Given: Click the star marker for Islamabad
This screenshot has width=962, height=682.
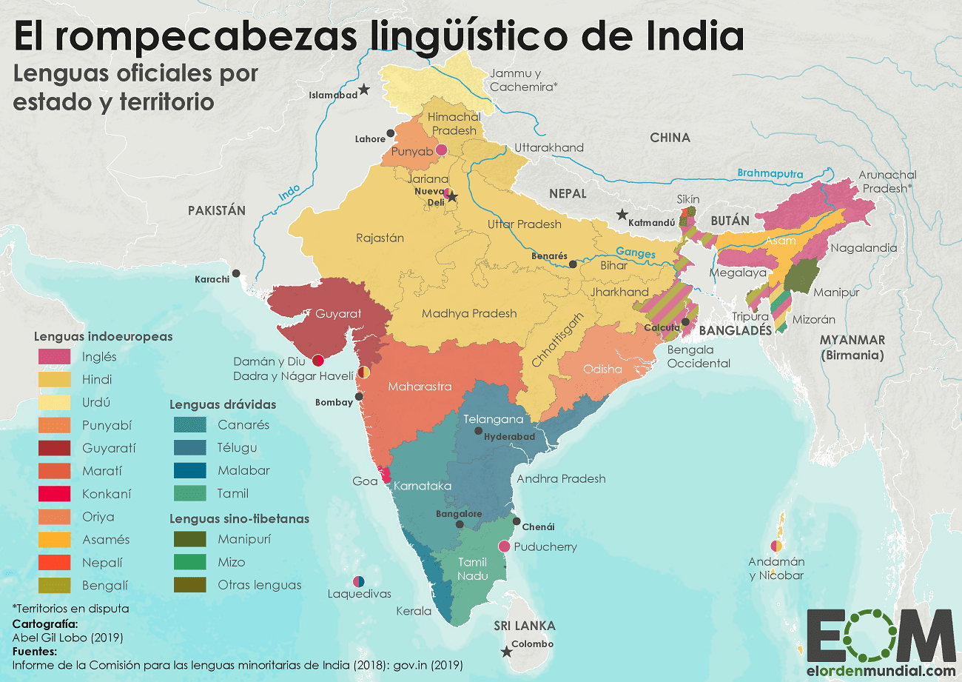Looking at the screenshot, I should [x=364, y=90].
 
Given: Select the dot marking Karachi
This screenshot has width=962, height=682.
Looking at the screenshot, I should [x=236, y=273].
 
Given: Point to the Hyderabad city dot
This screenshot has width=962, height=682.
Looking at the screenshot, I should [x=479, y=431].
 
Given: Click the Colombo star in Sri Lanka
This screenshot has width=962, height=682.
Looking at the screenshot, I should [x=506, y=652].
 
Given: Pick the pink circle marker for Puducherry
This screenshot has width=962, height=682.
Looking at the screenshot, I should [x=504, y=546].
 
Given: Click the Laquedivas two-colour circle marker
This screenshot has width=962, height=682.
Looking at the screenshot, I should [x=358, y=581].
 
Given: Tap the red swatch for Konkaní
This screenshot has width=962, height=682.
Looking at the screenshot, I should [x=54, y=494].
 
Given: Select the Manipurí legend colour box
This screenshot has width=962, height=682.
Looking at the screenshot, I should [x=190, y=539].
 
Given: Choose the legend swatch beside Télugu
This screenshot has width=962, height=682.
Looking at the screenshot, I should [x=190, y=448].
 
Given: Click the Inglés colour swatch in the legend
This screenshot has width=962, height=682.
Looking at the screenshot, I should [x=54, y=356].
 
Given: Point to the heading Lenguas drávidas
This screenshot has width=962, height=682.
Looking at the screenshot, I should [x=222, y=404].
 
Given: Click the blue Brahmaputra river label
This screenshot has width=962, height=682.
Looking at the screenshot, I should [x=770, y=174].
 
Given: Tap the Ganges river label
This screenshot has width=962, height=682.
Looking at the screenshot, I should [x=636, y=253].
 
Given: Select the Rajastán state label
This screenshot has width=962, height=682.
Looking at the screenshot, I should [x=380, y=238].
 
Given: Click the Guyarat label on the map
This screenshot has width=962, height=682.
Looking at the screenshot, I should [x=338, y=314].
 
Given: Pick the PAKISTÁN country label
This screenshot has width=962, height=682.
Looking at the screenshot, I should [x=216, y=210].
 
